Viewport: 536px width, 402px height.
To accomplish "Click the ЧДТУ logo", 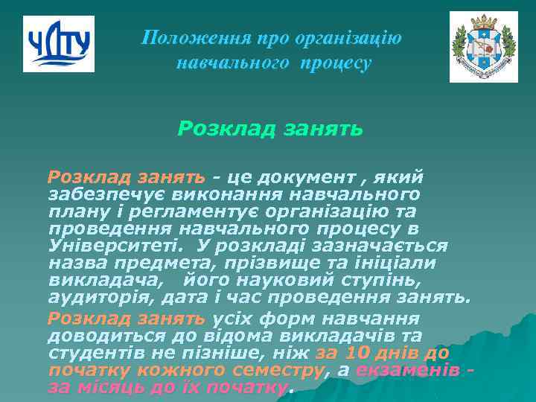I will click(59, 44).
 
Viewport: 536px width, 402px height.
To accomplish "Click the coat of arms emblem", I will click(483, 47).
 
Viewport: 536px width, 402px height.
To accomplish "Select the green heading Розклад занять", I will click(270, 130).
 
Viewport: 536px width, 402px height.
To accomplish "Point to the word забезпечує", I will click(103, 194).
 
